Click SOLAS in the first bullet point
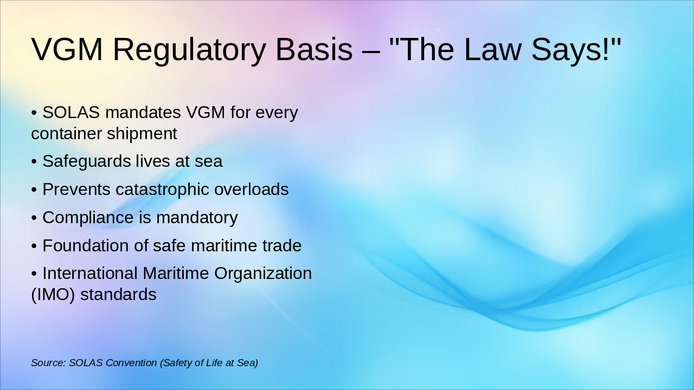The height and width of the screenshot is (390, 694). pyautogui.click(x=71, y=113)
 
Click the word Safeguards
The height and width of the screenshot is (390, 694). pyautogui.click(x=87, y=161)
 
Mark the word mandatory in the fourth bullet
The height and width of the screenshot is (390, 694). pyautogui.click(x=197, y=218)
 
